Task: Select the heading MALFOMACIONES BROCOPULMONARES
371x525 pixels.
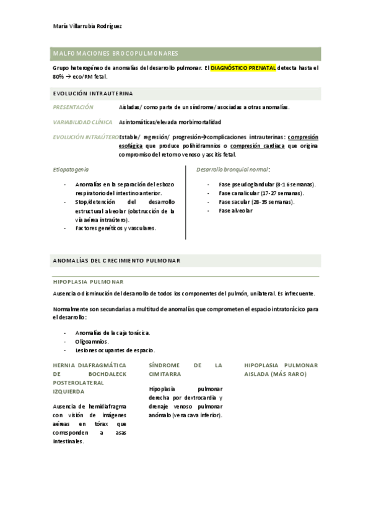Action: tap(115, 54)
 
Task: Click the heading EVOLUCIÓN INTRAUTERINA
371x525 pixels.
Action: tap(92, 93)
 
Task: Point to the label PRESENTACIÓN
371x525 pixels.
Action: tap(73, 107)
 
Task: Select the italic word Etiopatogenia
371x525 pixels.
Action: tap(71, 168)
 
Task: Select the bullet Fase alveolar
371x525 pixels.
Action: tap(235, 210)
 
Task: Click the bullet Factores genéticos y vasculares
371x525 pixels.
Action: tap(115, 228)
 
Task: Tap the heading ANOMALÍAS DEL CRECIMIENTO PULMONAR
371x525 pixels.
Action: tap(116, 261)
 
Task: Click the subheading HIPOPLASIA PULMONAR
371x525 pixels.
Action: tap(88, 282)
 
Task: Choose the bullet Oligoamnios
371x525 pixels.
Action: tap(92, 341)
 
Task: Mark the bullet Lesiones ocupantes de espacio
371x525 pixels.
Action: tap(115, 350)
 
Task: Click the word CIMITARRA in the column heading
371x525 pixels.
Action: tap(165, 374)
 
